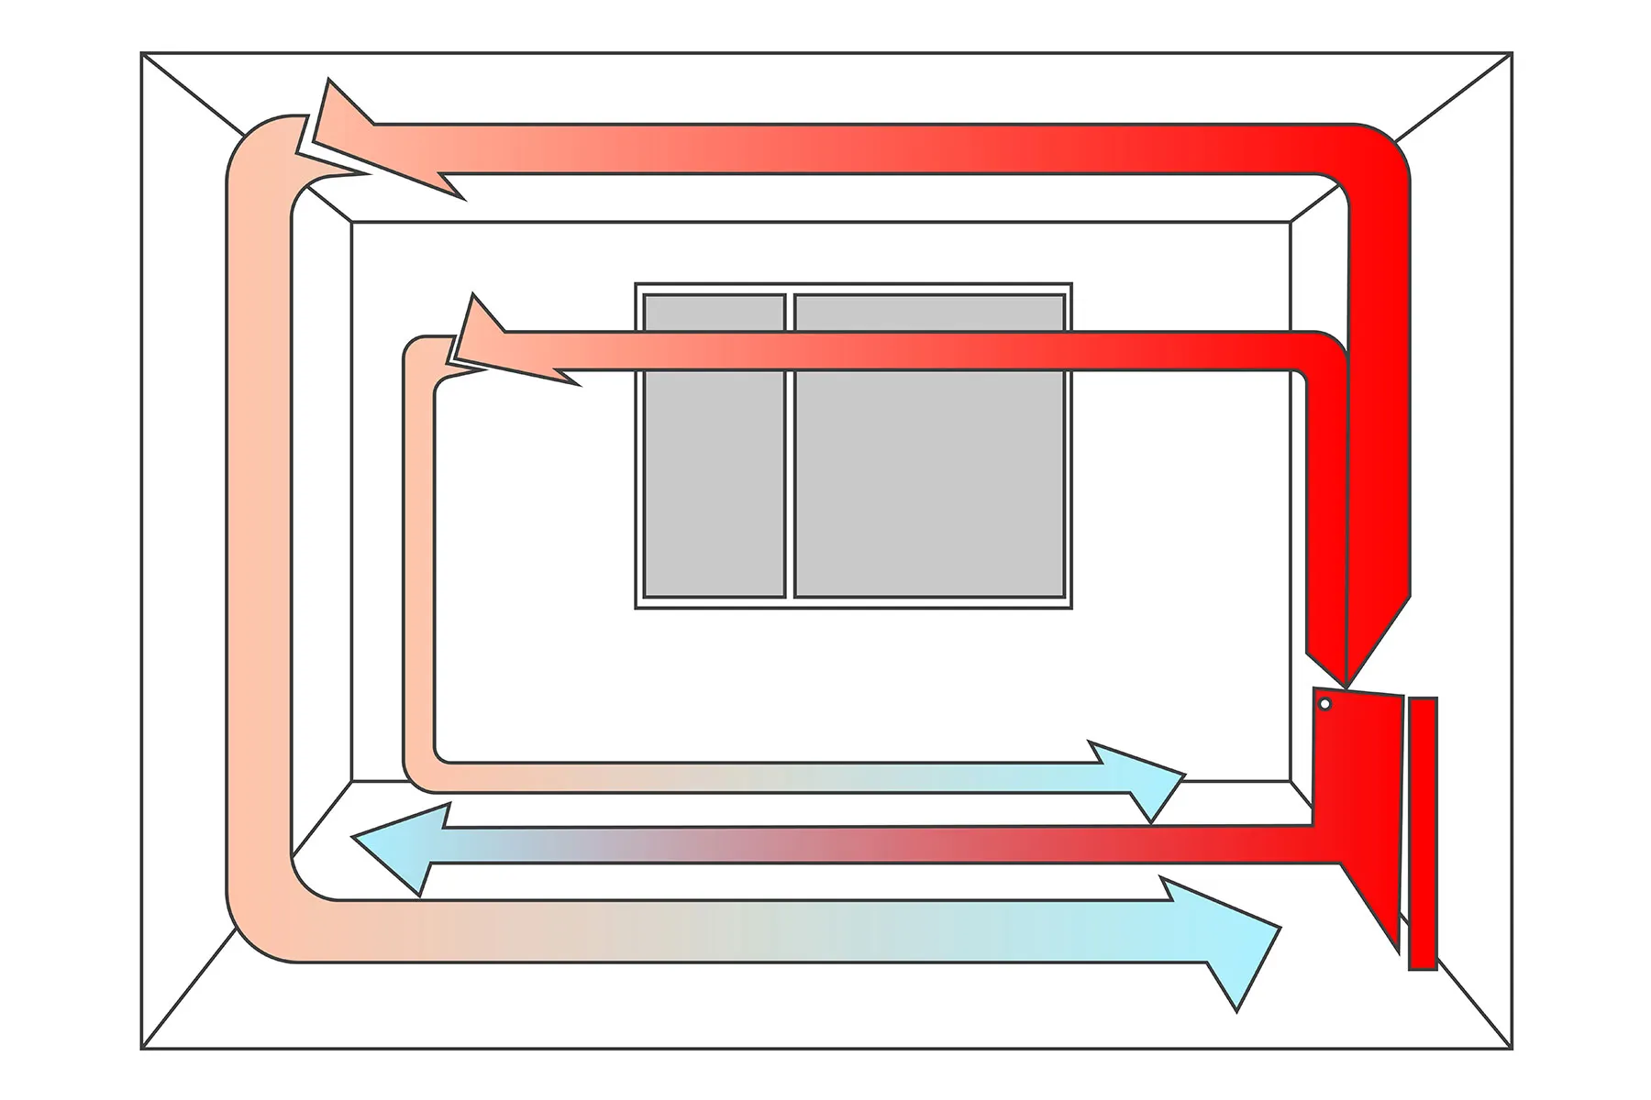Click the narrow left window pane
coord(714,445)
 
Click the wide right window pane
coord(929,445)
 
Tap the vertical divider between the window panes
coord(789,445)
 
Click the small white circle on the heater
coord(1324,704)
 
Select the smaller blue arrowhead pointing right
coord(1147,780)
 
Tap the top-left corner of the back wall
coord(352,222)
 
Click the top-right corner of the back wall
coord(1291,222)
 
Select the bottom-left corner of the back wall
coord(352,781)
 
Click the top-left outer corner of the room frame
coord(142,53)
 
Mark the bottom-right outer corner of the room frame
coord(1511,1049)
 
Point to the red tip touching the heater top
coord(1345,686)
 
